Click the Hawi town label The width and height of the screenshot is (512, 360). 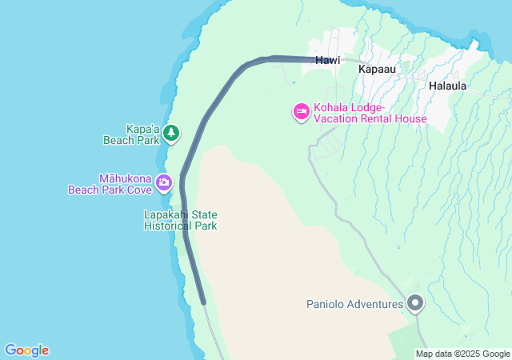(x=327, y=60)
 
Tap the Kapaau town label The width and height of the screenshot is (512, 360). (x=377, y=70)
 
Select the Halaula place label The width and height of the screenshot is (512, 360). (x=447, y=85)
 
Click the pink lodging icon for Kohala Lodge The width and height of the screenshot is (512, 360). (x=301, y=112)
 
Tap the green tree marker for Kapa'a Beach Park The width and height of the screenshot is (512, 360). (x=170, y=133)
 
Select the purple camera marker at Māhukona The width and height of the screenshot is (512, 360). (x=164, y=182)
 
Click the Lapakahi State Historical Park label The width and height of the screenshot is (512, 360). (x=180, y=220)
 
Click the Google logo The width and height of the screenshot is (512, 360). (x=26, y=350)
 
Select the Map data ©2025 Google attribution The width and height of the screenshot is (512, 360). (x=462, y=354)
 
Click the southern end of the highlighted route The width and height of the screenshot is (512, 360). (x=204, y=302)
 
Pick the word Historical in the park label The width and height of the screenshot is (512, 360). (x=170, y=226)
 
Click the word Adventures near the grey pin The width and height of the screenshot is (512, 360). (x=373, y=304)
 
